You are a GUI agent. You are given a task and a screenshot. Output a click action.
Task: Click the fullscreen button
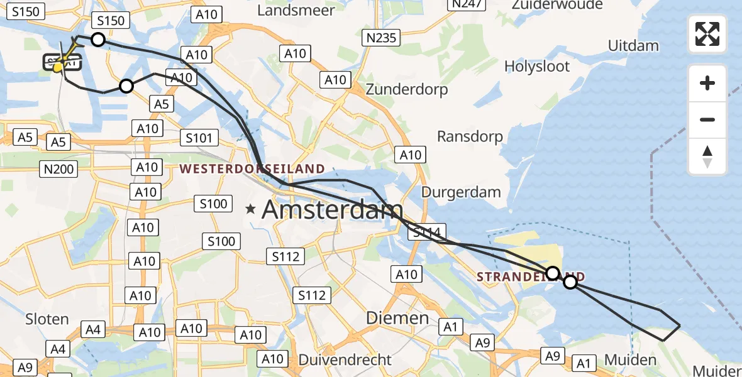point(707,34)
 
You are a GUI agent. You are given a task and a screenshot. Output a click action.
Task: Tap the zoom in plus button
point(707,83)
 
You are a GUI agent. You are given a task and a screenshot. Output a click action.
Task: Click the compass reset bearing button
point(707,156)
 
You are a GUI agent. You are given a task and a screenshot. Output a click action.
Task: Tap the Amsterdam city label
point(332,210)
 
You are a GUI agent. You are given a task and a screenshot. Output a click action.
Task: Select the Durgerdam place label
point(461,192)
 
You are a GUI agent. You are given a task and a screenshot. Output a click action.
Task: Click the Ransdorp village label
point(470,136)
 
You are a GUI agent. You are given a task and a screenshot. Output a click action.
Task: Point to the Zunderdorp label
point(407,89)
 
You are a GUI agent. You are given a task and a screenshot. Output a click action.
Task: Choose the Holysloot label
point(537,66)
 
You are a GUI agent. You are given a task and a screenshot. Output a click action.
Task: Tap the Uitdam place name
point(633,45)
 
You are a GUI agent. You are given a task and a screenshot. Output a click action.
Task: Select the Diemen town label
point(397,318)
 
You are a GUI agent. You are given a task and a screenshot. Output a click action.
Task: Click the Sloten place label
point(47,319)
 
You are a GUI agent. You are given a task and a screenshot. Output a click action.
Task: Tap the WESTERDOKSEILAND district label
point(252,168)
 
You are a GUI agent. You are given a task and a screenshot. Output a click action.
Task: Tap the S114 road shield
point(427,232)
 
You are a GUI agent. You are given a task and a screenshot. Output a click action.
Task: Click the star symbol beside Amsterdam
point(251,210)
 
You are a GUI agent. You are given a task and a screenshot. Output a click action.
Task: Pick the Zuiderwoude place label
point(557,5)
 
